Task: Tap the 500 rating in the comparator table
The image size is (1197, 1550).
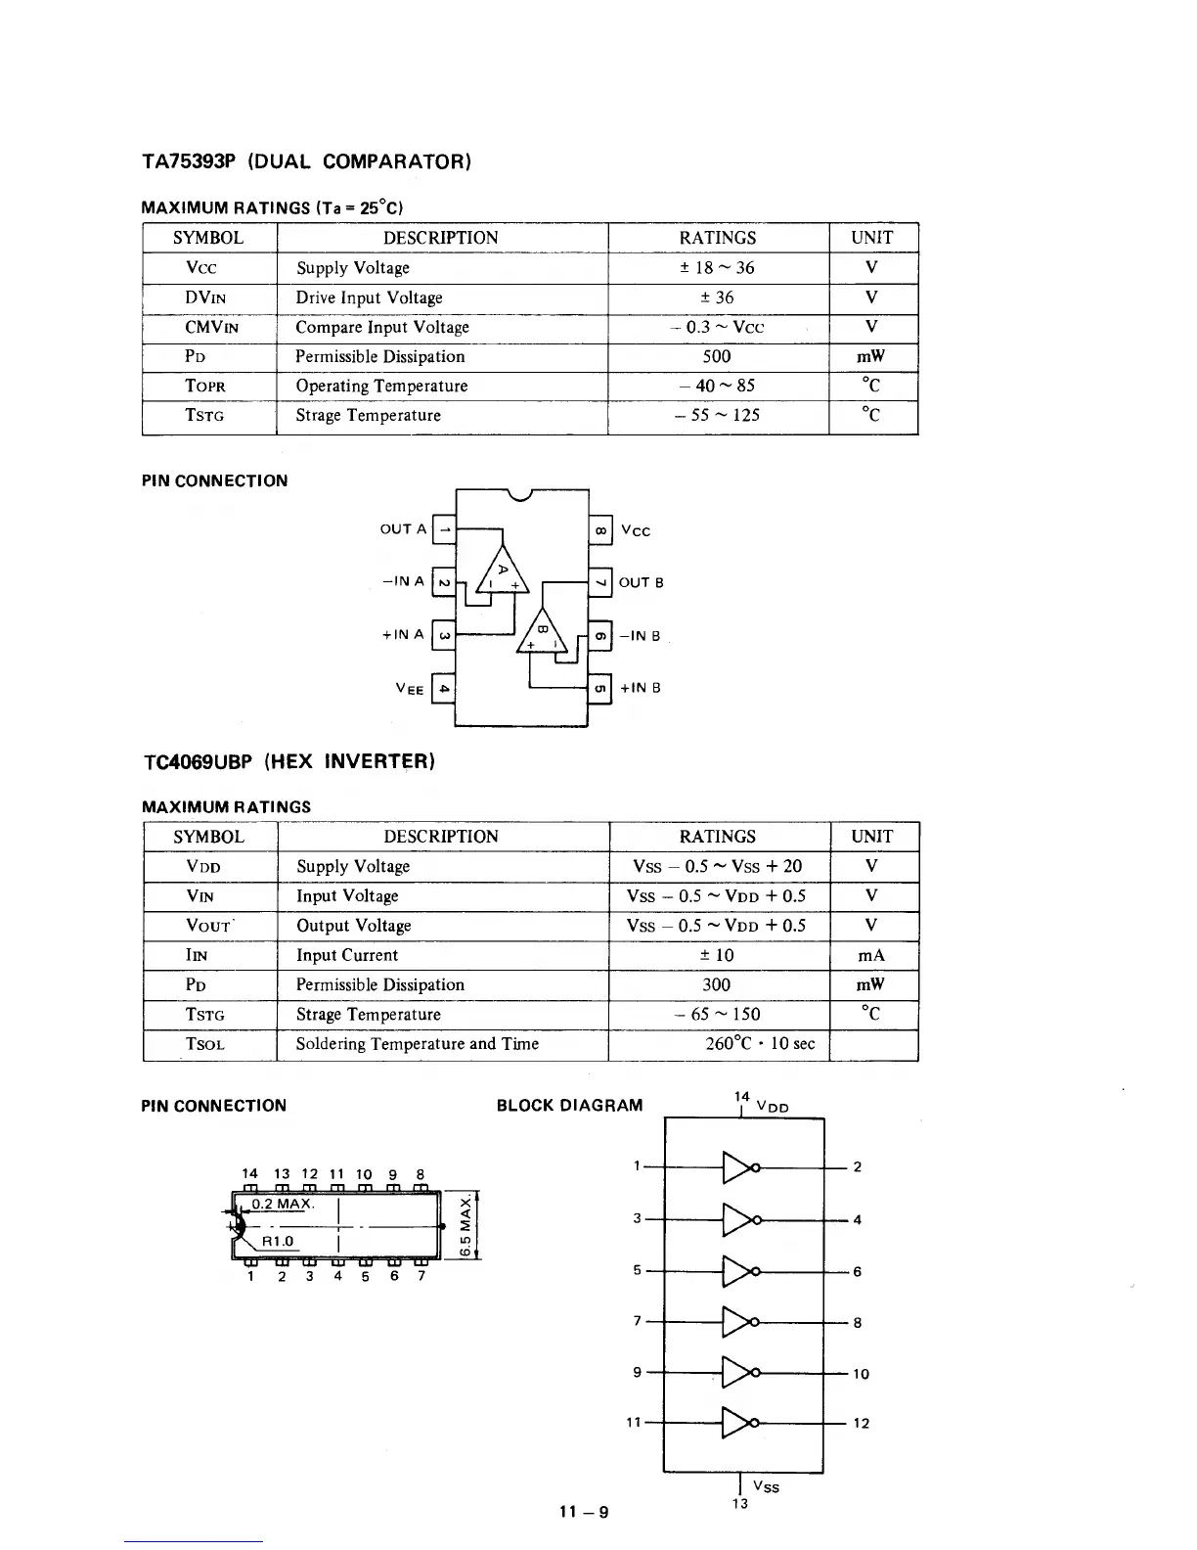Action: pos(717,357)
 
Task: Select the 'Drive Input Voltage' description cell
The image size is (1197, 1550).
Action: pos(369,297)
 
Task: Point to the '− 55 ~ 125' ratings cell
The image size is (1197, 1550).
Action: pos(717,416)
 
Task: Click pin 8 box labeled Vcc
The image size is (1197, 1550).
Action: pos(600,530)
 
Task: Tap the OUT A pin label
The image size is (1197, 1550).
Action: pos(403,529)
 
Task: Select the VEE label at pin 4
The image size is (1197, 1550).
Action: pos(410,689)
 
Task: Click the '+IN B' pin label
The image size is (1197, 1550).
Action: pos(641,688)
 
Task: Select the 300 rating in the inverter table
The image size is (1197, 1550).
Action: pos(717,985)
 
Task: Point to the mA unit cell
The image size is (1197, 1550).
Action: pos(871,956)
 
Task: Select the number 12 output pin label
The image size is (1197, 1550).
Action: pos(862,1424)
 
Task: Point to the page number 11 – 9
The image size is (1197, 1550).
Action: pos(584,1512)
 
